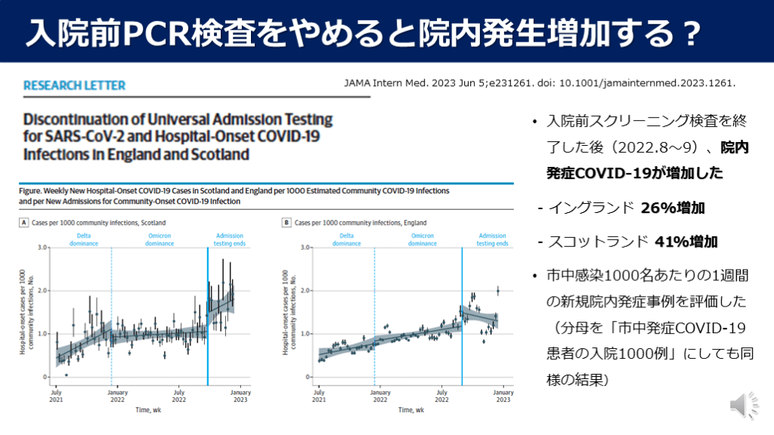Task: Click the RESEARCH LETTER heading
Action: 75,86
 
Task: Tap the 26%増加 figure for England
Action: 667,207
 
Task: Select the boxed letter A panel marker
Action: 24,223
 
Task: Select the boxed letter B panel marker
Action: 286,223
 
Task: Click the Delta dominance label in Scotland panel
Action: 84,239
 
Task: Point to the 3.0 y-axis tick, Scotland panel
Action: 43,247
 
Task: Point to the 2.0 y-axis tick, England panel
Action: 306,290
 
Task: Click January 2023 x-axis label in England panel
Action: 501,396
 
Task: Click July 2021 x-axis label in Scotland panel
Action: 56,396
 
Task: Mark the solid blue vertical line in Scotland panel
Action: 208,317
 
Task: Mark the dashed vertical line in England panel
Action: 374,317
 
